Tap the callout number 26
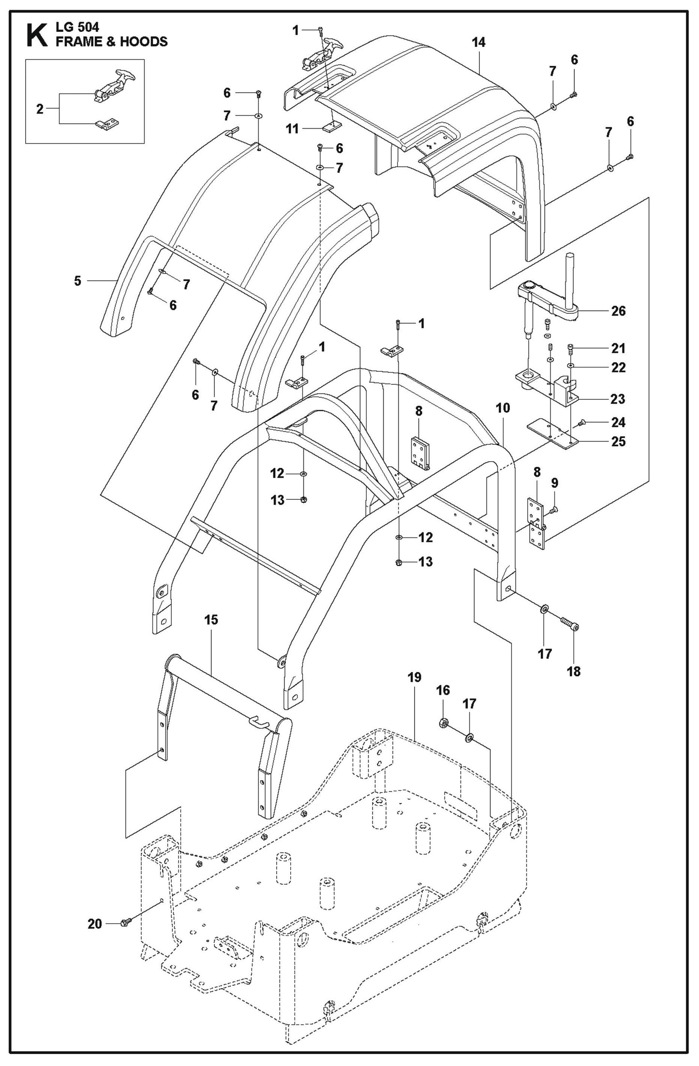click(618, 311)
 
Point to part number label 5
click(77, 281)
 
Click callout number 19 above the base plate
click(414, 677)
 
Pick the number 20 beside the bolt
click(95, 924)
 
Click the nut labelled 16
click(442, 723)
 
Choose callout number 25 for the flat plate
click(618, 441)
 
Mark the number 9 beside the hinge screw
click(554, 482)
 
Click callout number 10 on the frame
click(503, 408)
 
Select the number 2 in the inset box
click(40, 109)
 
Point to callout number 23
click(618, 399)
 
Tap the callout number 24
click(618, 422)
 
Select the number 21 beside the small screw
click(618, 348)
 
